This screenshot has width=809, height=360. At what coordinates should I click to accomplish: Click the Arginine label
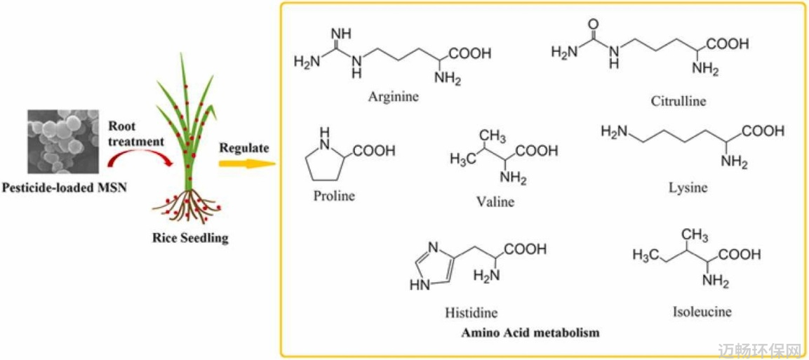pyautogui.click(x=394, y=97)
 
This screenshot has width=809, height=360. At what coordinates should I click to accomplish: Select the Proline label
pyautogui.click(x=334, y=196)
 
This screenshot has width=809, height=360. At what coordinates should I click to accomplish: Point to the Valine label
pyautogui.click(x=496, y=201)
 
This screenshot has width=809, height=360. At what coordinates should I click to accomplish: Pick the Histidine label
pyautogui.click(x=472, y=312)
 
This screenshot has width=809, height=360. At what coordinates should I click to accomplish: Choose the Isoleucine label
pyautogui.click(x=702, y=312)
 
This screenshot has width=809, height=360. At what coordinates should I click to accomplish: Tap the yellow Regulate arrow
pyautogui.click(x=245, y=164)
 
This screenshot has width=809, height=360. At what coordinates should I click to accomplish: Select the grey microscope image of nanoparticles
pyautogui.click(x=63, y=141)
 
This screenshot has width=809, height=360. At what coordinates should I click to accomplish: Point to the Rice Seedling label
pyautogui.click(x=191, y=239)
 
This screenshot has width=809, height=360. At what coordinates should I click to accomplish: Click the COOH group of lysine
pyautogui.click(x=764, y=132)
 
